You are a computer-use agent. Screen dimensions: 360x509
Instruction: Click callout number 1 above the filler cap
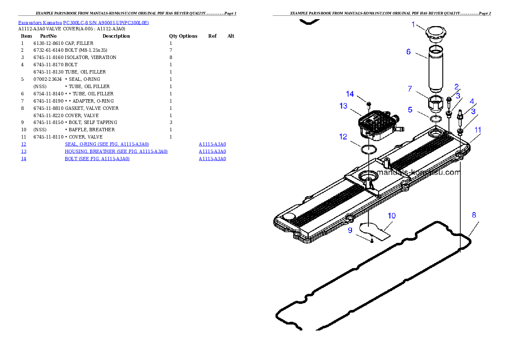pyautogui.click(x=413, y=25)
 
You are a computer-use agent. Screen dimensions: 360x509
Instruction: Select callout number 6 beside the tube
pyautogui.click(x=408, y=52)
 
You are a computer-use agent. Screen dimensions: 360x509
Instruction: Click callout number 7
pyautogui.click(x=410, y=89)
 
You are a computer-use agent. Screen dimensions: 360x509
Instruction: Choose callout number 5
pyautogui.click(x=410, y=110)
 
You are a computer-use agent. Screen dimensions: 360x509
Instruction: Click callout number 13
pyautogui.click(x=343, y=106)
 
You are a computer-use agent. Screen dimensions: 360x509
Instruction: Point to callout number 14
pyautogui.click(x=350, y=94)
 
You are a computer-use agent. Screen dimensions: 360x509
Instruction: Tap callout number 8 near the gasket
pyautogui.click(x=474, y=215)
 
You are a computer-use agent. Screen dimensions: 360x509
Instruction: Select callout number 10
pyautogui.click(x=392, y=216)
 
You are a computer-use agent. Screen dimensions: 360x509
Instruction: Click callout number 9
pyautogui.click(x=350, y=230)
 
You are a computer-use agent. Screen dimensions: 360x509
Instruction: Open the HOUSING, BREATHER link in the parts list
pyautogui.click(x=116, y=151)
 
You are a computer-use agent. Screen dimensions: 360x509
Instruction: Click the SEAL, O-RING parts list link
pyautogui.click(x=107, y=145)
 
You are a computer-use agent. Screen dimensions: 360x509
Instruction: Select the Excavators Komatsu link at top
pyautogui.click(x=83, y=23)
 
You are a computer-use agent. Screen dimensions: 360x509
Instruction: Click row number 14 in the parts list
pyautogui.click(x=24, y=159)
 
